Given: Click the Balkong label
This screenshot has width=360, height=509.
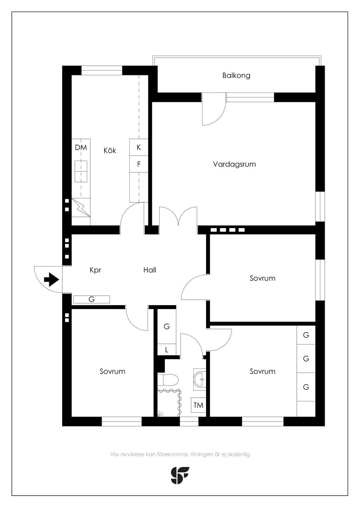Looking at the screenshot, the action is pos(236,76).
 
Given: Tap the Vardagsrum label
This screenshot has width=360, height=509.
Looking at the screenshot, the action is pos(234,164).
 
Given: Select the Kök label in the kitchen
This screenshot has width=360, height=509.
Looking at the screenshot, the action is pos(110,150).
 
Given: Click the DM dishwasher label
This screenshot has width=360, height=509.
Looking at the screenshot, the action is pos(81,148).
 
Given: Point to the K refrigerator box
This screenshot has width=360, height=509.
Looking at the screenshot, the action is pos(139,147).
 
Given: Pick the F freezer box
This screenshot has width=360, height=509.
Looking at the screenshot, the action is pos(139,164).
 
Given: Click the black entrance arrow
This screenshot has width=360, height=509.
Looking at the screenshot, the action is pos(52,279).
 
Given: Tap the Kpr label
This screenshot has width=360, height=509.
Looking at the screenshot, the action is pos(95,270).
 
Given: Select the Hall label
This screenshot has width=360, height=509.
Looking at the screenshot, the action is pos(149,270).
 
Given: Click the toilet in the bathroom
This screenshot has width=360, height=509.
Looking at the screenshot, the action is pos(168,379).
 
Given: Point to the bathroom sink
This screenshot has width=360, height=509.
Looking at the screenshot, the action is pos(200,379).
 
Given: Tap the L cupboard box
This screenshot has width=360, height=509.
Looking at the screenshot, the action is pos(167,350).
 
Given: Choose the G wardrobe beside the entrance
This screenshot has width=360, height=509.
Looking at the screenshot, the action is pos(92,299).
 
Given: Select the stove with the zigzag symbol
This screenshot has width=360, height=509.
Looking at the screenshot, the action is pos(81,207).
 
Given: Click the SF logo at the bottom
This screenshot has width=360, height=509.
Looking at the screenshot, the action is pos(180,475).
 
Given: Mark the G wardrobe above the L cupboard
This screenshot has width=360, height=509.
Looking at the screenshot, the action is pos(167,327).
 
